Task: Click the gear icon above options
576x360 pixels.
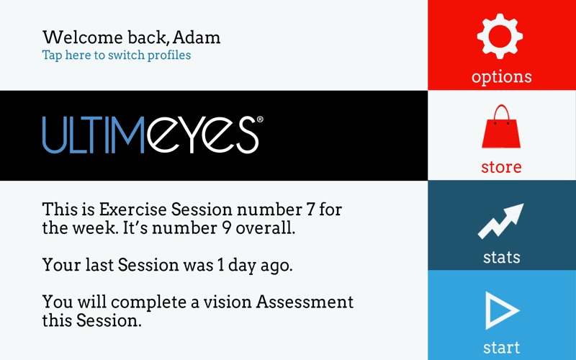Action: coord(500,36)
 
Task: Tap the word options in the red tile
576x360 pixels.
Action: coord(501,77)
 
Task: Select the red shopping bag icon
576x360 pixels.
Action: coord(501,127)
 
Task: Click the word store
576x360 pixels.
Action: coord(501,167)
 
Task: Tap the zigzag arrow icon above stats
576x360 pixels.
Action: coord(500,221)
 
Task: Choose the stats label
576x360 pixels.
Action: coord(501,257)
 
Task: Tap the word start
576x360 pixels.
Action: coord(501,347)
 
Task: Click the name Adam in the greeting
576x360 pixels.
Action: coord(197,37)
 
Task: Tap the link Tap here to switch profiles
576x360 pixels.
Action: coord(117,55)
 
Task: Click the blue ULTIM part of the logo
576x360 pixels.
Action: coord(94,135)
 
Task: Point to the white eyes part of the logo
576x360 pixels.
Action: coord(202,135)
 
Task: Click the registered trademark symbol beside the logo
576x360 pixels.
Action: coord(260,119)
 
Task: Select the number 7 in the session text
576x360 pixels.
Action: coord(310,210)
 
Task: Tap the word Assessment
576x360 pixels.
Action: coord(305,302)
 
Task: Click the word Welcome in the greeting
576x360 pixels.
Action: coord(83,37)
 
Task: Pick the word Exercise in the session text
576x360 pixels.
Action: coord(133,210)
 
